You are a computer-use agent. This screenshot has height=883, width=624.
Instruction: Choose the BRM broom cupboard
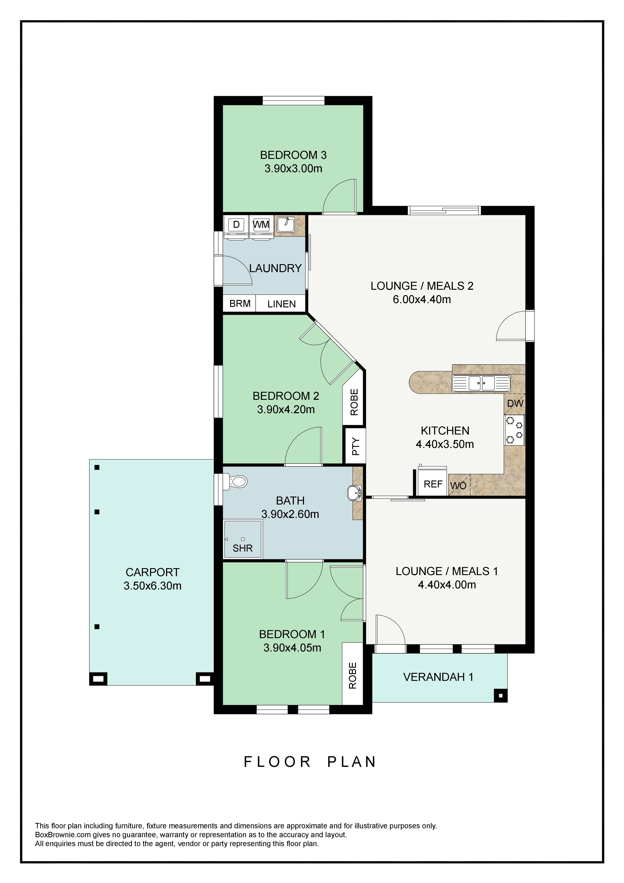coord(240,303)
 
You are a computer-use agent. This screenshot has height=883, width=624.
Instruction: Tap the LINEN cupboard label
coord(282,304)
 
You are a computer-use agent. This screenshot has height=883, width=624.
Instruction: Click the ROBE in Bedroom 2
coord(354,402)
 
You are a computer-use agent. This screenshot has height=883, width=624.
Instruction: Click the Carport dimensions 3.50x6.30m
coord(153,586)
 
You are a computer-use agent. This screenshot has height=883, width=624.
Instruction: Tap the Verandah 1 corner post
coord(500,696)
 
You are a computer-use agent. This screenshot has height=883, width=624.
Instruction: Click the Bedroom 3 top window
coord(293,100)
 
